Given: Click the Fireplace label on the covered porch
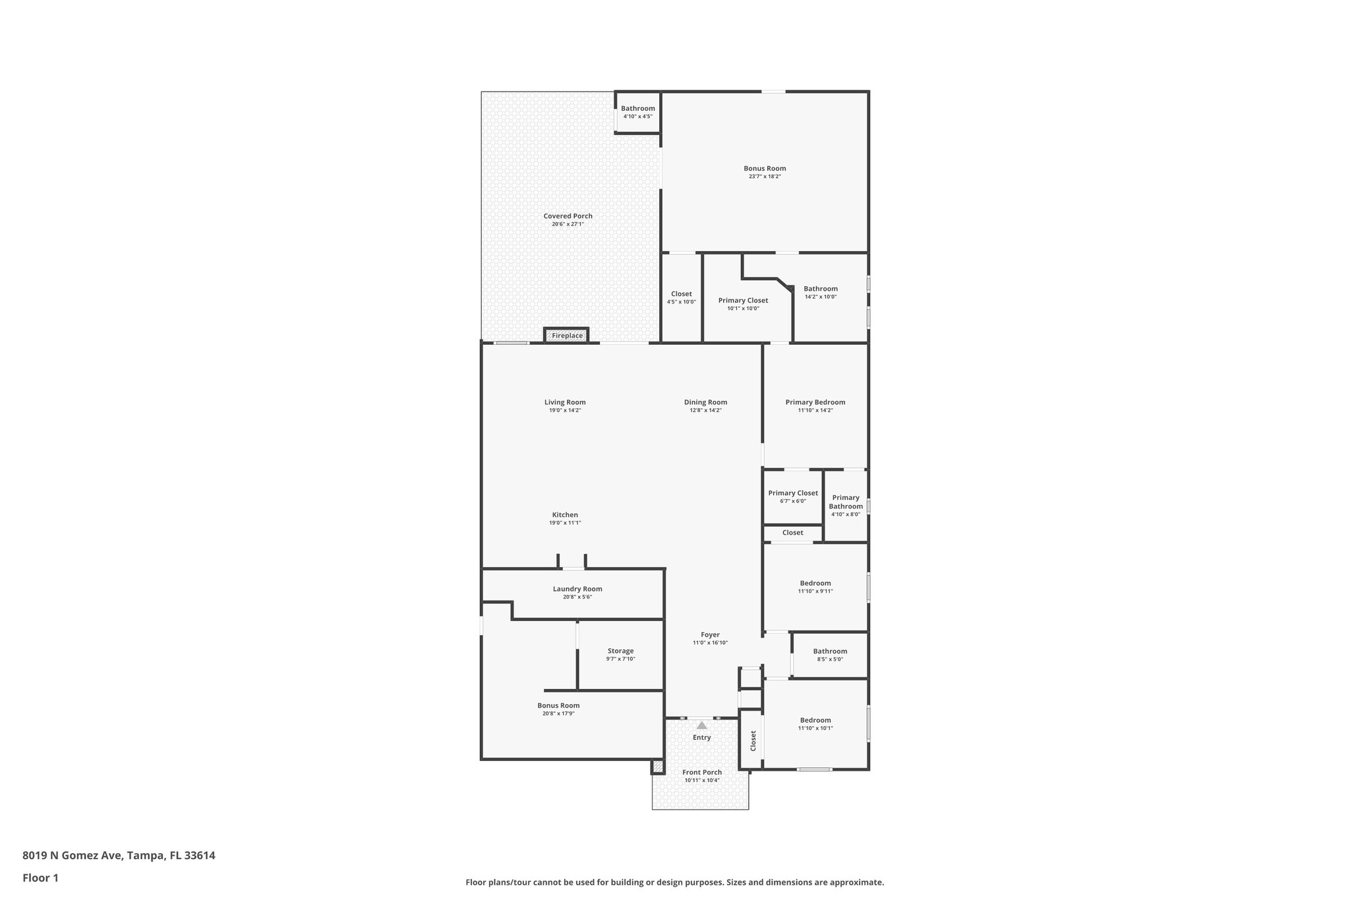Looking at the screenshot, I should pos(567,336).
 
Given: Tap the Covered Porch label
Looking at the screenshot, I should pos(568,216).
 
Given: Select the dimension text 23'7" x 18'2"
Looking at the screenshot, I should pos(765,177).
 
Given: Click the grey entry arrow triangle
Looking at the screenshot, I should pos(701,725).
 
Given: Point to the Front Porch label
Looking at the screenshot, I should pos(701,772).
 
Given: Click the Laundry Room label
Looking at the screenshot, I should pos(577,589).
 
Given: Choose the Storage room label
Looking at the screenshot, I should pos(620,651).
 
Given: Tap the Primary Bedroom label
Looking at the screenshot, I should pos(815,402).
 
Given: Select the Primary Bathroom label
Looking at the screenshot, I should pos(846,502).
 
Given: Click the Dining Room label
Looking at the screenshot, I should pos(705,402).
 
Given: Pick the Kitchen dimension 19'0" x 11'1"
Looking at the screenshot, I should pos(565,523).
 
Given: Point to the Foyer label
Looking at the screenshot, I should pos(710,634).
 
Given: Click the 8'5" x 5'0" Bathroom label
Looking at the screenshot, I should pos(830,651).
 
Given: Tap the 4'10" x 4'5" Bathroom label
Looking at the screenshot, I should pos(637,108).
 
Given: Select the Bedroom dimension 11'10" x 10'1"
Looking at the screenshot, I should pos(815,728).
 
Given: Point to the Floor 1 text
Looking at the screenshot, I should pos(40,878).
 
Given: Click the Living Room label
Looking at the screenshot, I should pos(565,402).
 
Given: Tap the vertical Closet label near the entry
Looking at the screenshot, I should pos(753,740).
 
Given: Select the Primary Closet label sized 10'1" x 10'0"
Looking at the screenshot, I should pos(743,300).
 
